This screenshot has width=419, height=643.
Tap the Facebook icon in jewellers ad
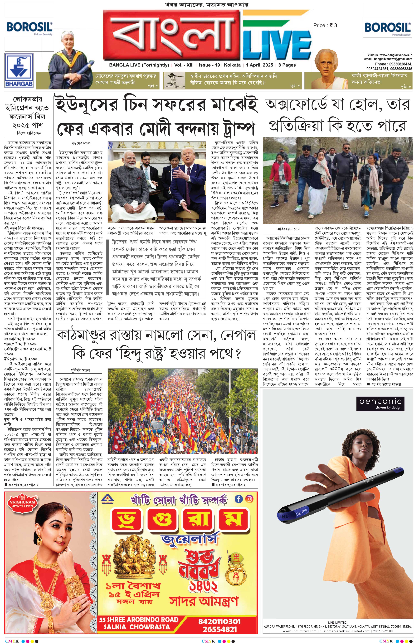click(x=239, y=499)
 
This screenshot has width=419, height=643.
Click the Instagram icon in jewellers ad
click(x=250, y=499)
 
